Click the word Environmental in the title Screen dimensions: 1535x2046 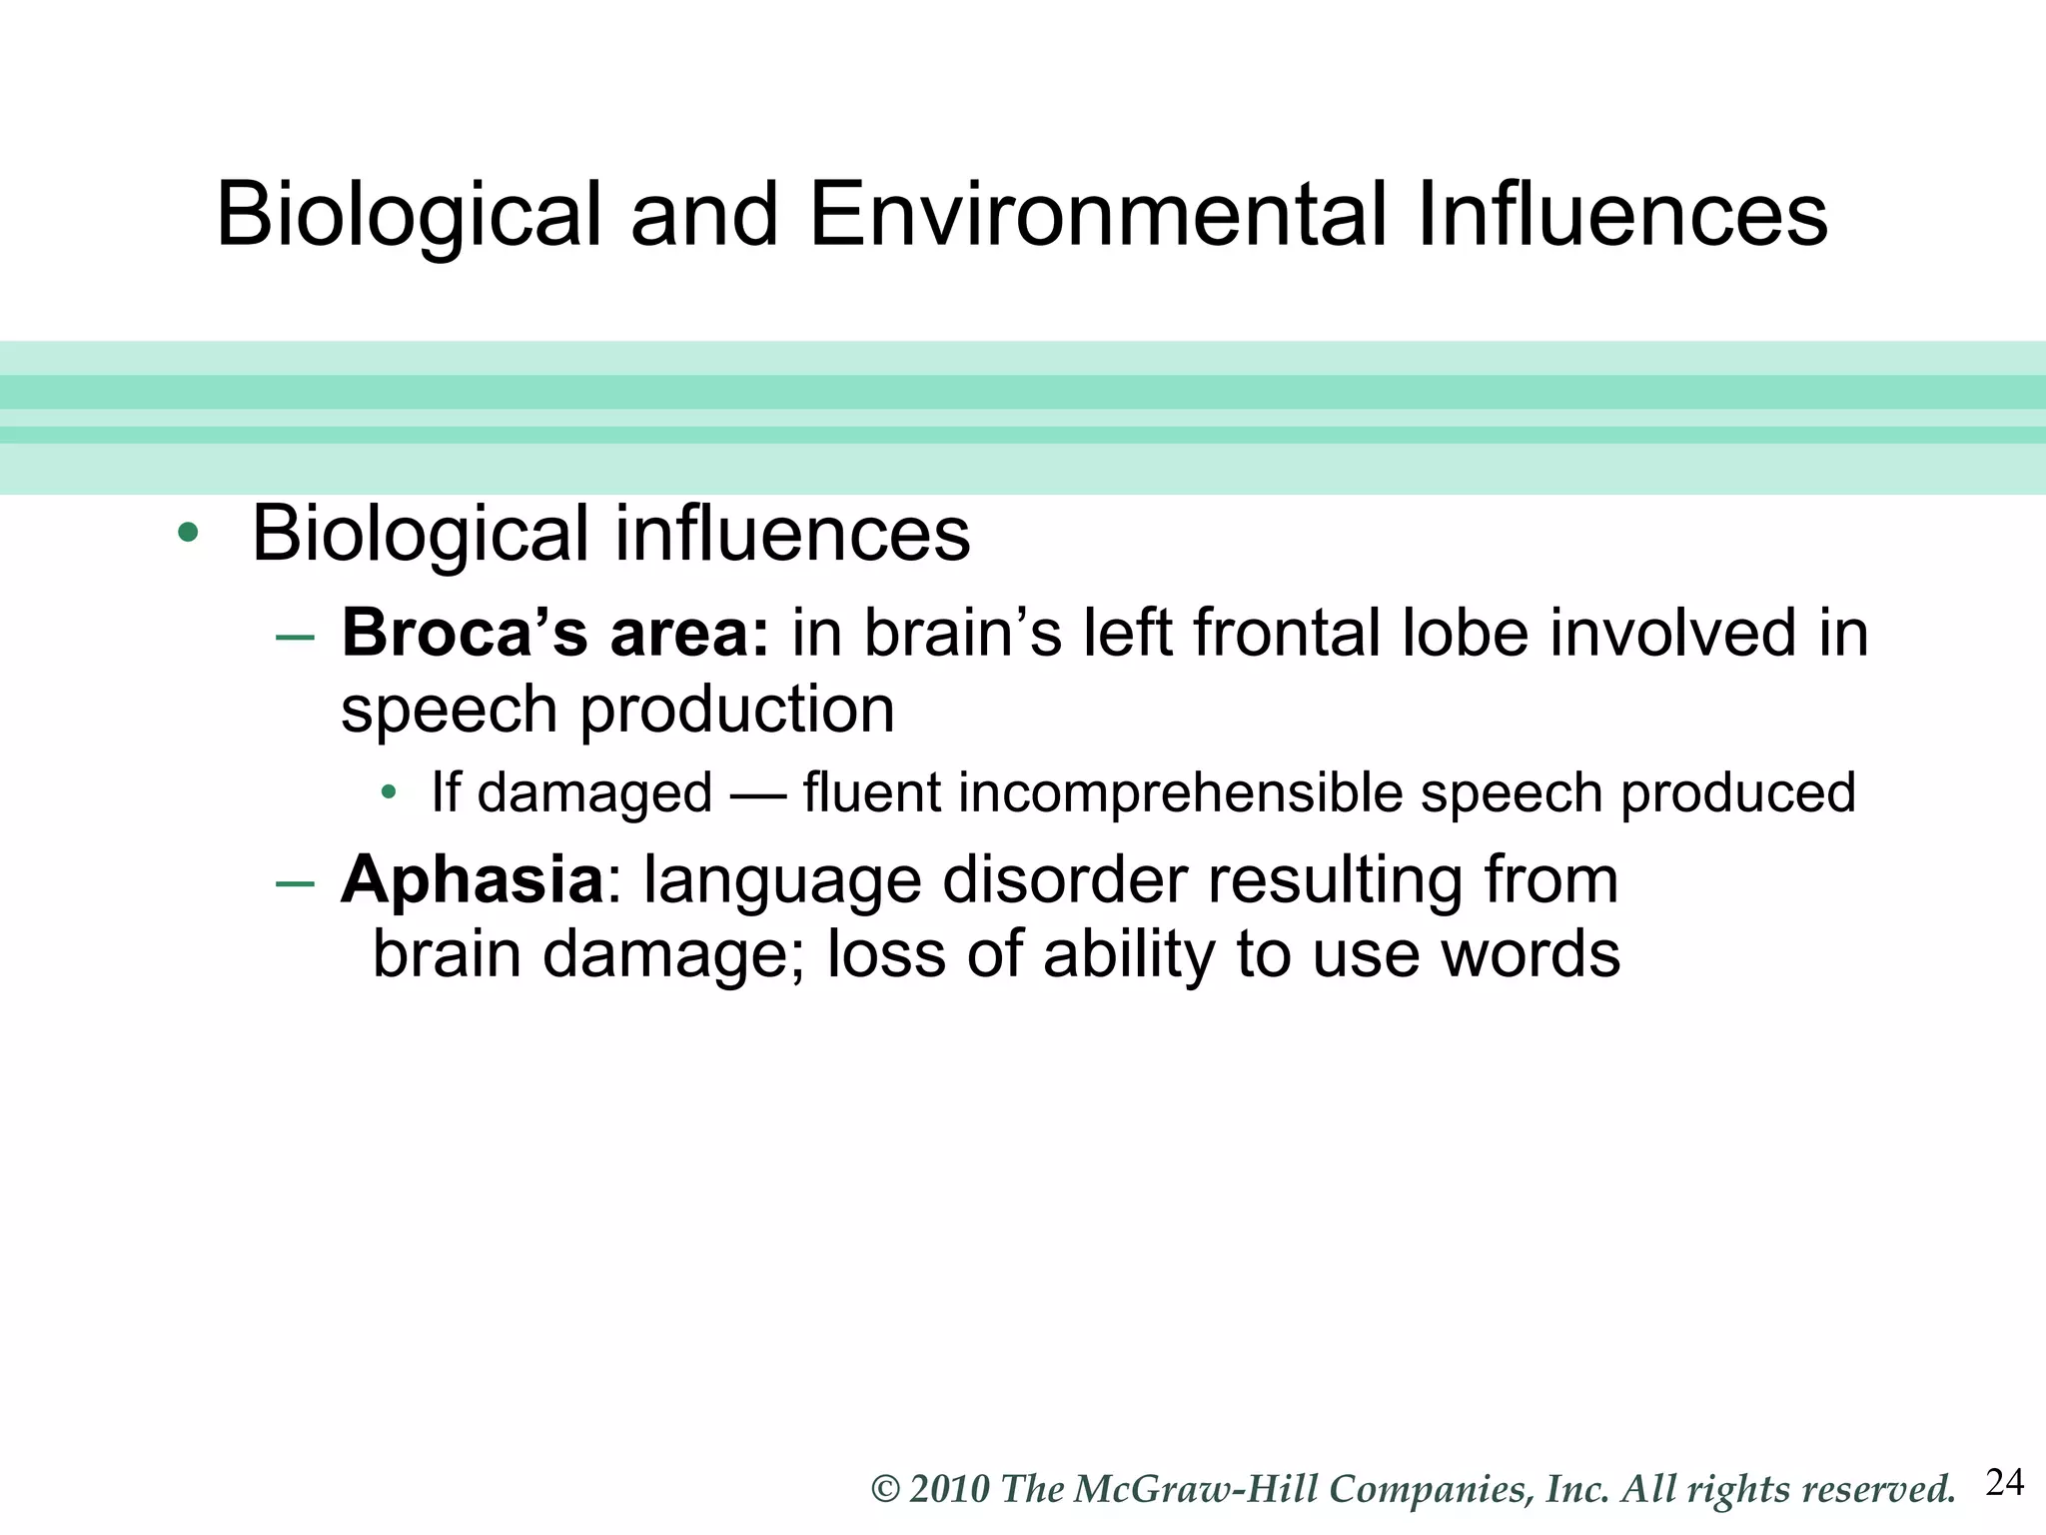[1097, 214]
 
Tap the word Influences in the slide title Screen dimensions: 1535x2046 [1622, 214]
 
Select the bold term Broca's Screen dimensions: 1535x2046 [465, 634]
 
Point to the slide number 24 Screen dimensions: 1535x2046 [2005, 1482]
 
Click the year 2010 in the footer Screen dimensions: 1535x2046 [949, 1490]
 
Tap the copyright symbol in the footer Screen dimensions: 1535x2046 [886, 1490]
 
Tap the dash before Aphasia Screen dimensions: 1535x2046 [295, 883]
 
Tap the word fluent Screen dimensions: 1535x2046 [871, 793]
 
